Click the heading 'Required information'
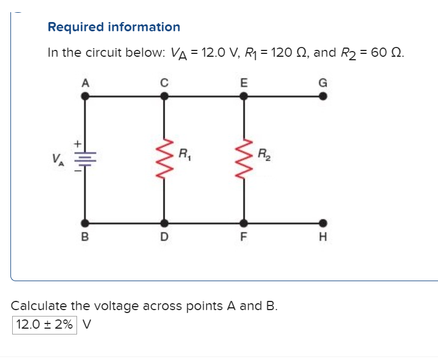pos(114,27)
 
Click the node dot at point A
pos(86,97)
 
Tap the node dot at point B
pos(86,223)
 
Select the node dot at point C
pos(165,97)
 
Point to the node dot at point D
pos(165,223)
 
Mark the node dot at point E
pos(243,97)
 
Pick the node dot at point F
pos(243,223)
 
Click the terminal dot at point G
pos(323,97)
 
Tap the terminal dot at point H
pos(323,223)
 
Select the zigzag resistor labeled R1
pos(165,159)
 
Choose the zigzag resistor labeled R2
pos(243,159)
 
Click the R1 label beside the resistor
pos(185,155)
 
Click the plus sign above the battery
pos(75,141)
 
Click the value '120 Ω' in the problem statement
pos(290,53)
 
